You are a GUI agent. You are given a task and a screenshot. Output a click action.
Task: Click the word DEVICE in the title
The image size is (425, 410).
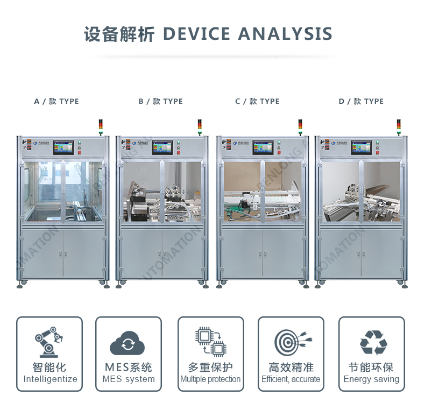196,34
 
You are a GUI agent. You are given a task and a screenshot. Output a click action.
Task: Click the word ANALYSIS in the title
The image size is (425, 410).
285,34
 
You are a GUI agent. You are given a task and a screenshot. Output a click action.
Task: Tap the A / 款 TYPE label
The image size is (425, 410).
56,101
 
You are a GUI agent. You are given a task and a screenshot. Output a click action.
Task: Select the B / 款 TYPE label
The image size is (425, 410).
160,101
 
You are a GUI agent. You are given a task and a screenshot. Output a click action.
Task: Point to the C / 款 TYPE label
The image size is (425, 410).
257,101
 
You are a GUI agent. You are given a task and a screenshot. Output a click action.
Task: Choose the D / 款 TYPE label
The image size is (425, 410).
361,101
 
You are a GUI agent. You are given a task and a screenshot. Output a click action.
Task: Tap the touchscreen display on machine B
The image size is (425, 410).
162,147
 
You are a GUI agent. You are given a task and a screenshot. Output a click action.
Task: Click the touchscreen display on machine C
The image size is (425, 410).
261,147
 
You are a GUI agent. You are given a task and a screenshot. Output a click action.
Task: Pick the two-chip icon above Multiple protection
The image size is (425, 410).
210,342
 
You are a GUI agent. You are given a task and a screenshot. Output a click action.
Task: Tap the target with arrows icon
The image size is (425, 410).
291,342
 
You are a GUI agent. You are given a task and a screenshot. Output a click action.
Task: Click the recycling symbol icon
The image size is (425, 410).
372,342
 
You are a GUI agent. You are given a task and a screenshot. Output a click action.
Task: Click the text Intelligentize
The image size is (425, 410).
50,379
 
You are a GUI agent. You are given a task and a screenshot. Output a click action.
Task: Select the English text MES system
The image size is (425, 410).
129,379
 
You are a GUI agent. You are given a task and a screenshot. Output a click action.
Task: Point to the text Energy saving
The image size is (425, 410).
371,379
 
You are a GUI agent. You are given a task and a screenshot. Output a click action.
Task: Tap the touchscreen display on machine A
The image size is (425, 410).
63,147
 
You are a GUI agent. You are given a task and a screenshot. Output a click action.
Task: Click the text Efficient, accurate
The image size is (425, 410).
291,379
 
